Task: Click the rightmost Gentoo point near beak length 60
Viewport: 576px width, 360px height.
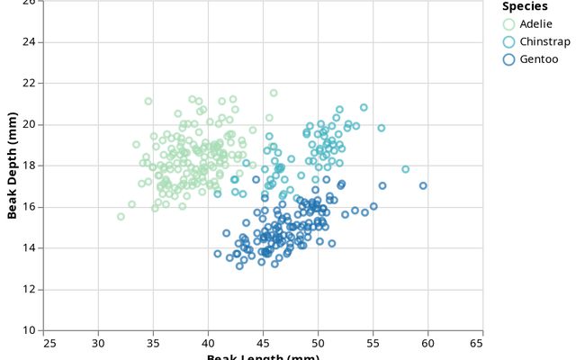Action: [x=423, y=186]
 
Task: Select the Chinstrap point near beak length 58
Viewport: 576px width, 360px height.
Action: [x=405, y=169]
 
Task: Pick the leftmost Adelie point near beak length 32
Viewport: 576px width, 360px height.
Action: [x=121, y=217]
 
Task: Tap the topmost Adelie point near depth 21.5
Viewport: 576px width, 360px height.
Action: [x=274, y=93]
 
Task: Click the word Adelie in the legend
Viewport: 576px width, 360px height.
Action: [x=536, y=23]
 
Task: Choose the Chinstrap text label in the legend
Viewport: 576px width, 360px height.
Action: [x=544, y=41]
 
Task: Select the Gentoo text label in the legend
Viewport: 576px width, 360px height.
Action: [x=539, y=59]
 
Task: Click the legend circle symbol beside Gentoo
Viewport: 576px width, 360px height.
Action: [x=509, y=59]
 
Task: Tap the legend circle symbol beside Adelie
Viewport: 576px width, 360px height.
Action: [x=509, y=23]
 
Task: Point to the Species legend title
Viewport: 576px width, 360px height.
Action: [x=525, y=6]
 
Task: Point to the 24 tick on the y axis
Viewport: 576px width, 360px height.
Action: [x=31, y=42]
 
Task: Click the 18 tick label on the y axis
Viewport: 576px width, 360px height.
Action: [x=31, y=166]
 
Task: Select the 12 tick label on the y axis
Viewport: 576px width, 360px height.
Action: [x=31, y=289]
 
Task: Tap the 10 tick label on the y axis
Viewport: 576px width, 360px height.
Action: [x=31, y=330]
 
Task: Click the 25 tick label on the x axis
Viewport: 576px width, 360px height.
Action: [x=44, y=343]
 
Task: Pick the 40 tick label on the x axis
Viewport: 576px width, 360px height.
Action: [x=209, y=343]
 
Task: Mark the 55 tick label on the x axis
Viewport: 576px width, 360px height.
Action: [x=373, y=343]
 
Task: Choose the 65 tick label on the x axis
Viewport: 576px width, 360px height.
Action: [x=483, y=343]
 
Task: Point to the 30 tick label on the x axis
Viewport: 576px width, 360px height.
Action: [x=99, y=343]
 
